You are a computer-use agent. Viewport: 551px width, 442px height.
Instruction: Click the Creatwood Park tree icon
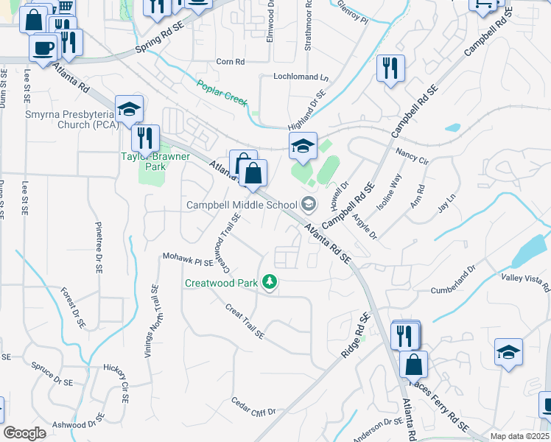[x=271, y=283]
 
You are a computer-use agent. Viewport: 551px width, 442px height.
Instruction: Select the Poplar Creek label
[x=222, y=94]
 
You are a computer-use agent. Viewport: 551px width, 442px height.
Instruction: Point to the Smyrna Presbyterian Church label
[x=60, y=119]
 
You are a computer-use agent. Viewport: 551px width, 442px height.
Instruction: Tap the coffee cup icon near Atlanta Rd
[x=43, y=48]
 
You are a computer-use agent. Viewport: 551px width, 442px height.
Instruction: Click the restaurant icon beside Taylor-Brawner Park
[x=145, y=137]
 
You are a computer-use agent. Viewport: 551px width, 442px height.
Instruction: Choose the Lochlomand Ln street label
[x=301, y=77]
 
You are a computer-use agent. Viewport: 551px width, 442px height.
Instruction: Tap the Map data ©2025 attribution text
[x=519, y=436]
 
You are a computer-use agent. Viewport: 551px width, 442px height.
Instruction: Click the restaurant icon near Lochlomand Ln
[x=390, y=69]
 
